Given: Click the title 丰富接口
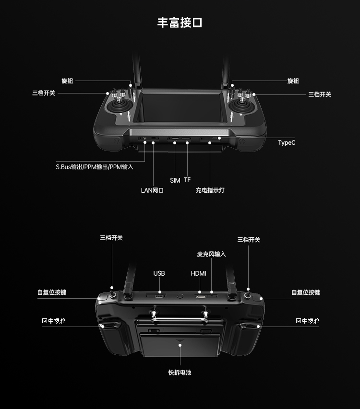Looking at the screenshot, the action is [x=180, y=23].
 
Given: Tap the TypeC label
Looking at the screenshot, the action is [x=287, y=143].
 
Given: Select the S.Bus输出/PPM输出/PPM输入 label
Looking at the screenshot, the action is [x=95, y=167].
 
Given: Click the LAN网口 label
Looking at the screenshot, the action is [x=152, y=190].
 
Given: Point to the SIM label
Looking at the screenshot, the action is [x=175, y=180].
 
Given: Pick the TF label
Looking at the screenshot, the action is [x=187, y=180].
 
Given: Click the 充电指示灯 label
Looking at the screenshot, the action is [x=210, y=190].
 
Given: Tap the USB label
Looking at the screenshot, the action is [x=159, y=273].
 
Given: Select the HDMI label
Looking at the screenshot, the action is [x=198, y=273].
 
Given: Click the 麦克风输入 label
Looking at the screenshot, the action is [x=212, y=254].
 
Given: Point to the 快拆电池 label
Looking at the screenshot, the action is [x=180, y=373].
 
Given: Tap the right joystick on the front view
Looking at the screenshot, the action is [x=241, y=105].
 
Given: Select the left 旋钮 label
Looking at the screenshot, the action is [x=67, y=81].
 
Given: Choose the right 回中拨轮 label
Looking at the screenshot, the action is [x=308, y=321].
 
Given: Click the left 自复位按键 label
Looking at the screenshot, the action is [x=52, y=292].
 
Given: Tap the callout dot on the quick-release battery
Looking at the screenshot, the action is [x=180, y=345].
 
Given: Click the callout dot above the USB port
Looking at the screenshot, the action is [x=160, y=292].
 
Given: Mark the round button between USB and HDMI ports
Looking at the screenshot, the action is [x=180, y=296].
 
